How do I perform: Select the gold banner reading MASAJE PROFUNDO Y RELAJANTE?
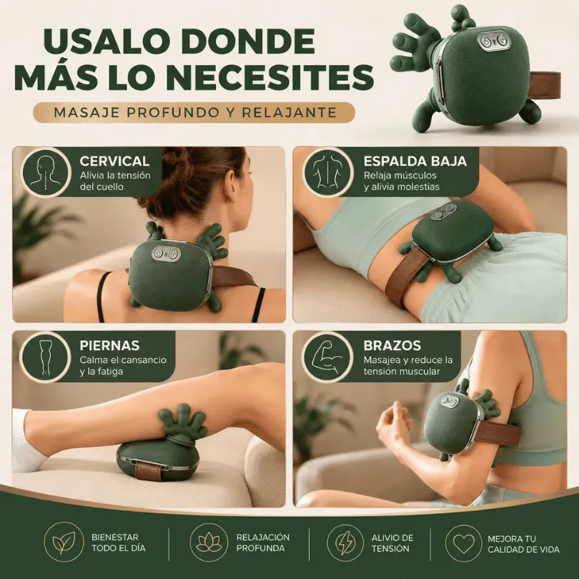coord(194,112)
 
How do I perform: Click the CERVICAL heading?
coord(114,162)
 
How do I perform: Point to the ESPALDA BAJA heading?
coord(415,162)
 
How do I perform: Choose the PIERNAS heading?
coord(109,345)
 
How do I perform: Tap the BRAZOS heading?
coord(392,345)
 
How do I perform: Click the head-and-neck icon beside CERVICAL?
coord(46,172)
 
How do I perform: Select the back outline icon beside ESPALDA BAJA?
coord(328,172)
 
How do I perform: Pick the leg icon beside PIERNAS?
coord(46,356)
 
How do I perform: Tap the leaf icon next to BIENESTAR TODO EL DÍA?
coord(64,543)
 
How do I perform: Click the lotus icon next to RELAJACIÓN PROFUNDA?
coord(209,543)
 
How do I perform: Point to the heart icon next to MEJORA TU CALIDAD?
coord(464,543)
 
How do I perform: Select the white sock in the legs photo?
coord(28,440)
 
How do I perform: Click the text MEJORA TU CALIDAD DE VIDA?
coord(523,544)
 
